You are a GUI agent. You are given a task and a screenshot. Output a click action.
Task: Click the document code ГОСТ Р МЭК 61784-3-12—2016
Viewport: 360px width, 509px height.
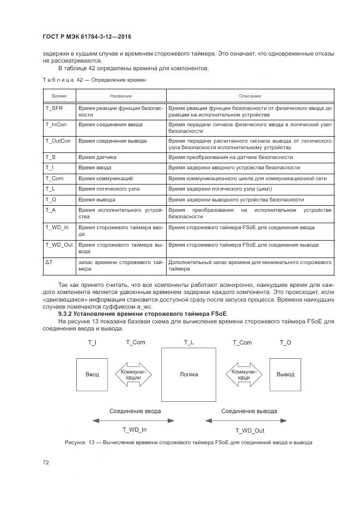pos(87,37)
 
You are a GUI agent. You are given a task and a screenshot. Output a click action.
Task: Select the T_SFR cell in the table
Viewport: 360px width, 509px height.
pos(54,108)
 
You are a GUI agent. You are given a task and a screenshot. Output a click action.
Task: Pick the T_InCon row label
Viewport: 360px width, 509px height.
pos(56,125)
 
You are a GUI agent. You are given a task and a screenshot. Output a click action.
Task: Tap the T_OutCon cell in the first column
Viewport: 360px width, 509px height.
pos(58,141)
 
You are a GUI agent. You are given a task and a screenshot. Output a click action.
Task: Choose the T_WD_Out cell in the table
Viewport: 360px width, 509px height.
pos(58,245)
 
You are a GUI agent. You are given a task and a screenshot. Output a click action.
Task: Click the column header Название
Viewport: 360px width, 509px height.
pos(120,96)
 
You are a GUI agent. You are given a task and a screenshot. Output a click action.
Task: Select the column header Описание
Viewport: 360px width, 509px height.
pos(249,96)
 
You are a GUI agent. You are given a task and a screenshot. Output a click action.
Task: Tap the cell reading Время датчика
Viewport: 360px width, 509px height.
pos(97,157)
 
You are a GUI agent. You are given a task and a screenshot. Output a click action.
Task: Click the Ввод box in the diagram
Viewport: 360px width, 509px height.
pos(93,375)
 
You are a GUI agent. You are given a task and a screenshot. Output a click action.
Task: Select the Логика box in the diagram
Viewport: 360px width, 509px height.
pos(188,375)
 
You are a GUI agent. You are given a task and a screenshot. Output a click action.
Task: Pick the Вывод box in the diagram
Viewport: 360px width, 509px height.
pos(285,375)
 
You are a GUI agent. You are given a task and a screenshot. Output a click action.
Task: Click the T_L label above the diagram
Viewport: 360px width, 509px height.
pos(188,342)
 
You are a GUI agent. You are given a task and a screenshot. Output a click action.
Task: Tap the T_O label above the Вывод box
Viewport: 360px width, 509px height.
pos(285,342)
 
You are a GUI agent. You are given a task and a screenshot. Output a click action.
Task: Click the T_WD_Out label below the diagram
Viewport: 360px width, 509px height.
pos(249,430)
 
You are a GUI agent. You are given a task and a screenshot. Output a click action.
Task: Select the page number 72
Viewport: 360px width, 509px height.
pos(46,463)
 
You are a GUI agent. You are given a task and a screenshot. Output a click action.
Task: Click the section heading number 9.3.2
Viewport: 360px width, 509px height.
pos(68,315)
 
